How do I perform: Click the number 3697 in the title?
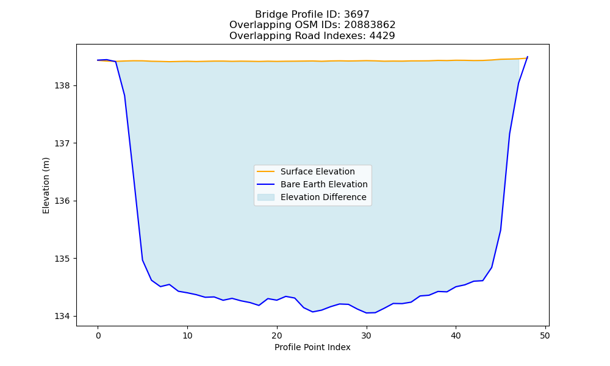coord(356,15)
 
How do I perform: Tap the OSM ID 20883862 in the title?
coord(370,25)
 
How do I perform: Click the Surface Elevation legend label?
coord(317,171)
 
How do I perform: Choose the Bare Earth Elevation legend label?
coord(324,184)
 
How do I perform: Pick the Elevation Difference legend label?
coord(323,197)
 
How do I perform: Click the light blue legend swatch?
coord(266,197)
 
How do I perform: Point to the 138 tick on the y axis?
coord(62,86)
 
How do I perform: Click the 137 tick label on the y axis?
coord(62,143)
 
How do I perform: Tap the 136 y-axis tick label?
coord(62,201)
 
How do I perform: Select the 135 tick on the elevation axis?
coord(62,259)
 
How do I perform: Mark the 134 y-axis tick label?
coord(62,316)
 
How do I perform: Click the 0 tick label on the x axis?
coord(98,335)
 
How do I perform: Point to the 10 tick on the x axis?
coord(187,335)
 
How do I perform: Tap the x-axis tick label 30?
coord(367,335)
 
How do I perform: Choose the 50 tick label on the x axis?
coord(545,335)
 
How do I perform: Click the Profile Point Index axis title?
coord(312,347)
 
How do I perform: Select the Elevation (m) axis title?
coord(46,185)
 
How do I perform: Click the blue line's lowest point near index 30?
coord(367,313)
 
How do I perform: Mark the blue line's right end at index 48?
coord(528,57)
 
